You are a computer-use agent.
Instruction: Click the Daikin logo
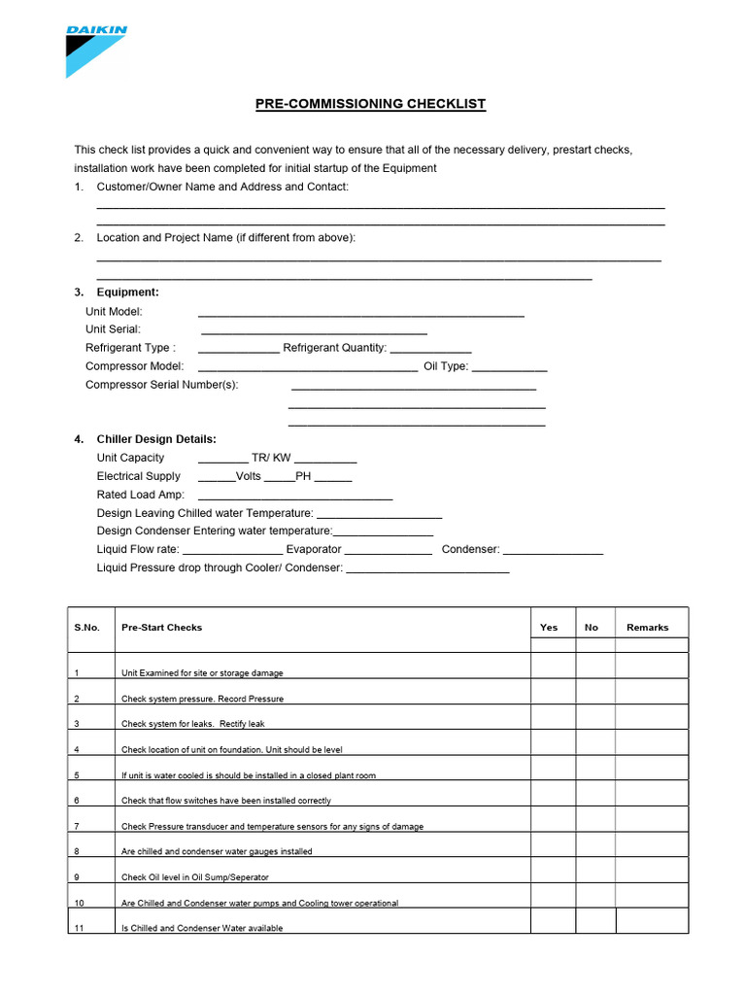[x=95, y=50]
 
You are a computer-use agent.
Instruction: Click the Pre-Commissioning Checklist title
[x=370, y=104]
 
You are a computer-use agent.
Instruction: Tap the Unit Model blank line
[x=360, y=314]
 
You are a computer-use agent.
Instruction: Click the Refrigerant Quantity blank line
[x=430, y=350]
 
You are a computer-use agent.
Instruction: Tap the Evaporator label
[x=314, y=550]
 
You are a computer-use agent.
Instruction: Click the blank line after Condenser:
[x=553, y=552]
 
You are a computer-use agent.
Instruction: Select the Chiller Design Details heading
[x=156, y=439]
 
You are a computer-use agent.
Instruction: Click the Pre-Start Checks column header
[x=161, y=628]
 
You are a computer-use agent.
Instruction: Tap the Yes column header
[x=549, y=628]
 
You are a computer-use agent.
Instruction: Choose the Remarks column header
[x=648, y=628]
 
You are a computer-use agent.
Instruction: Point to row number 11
[x=80, y=928]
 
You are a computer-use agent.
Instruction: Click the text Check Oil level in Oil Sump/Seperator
[x=195, y=877]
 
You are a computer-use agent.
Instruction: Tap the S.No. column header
[x=87, y=628]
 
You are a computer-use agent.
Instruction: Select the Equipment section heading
[x=127, y=292]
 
